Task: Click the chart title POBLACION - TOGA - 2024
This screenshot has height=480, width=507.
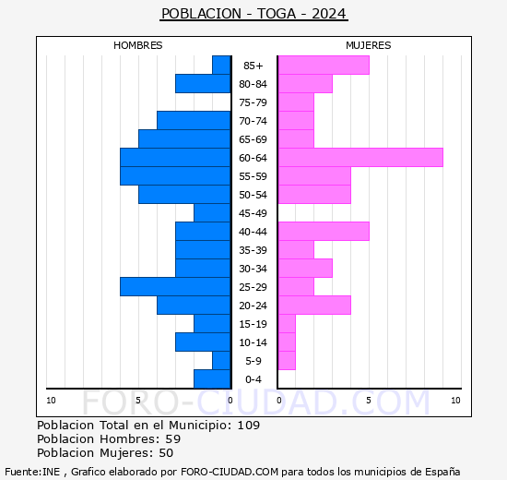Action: point(253,14)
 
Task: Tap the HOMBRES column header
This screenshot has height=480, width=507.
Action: point(138,45)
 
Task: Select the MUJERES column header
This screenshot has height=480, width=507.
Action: point(368,45)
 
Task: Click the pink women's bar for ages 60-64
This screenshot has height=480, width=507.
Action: point(360,157)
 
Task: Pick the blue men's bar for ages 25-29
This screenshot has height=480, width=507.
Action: point(175,286)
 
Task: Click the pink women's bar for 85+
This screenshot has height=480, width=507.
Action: point(323,65)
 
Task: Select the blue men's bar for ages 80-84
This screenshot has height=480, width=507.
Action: point(203,83)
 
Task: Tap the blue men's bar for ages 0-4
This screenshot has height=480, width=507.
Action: point(212,378)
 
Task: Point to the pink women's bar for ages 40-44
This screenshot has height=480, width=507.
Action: point(323,231)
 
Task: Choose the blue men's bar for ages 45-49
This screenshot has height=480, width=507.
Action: point(212,212)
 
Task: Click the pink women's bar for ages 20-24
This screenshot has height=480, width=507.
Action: point(313,305)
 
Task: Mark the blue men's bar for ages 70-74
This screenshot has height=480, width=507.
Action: point(194,120)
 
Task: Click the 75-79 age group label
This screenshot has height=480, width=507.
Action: point(253,102)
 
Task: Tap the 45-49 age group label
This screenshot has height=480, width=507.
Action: point(253,213)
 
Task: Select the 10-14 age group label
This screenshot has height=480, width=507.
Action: point(253,342)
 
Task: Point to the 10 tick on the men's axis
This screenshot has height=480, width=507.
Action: point(51,400)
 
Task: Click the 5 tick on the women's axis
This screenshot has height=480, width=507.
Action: point(367,400)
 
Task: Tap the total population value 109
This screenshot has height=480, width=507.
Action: point(248,425)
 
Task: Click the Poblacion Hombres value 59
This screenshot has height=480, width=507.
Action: point(172,438)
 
